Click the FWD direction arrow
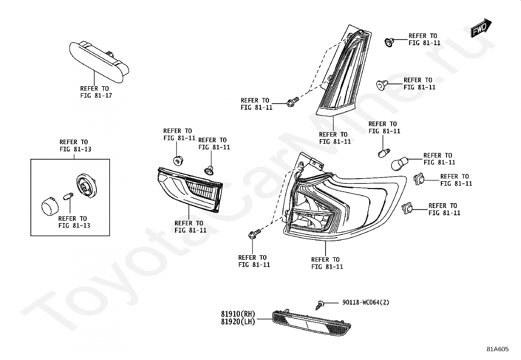tap(481, 28)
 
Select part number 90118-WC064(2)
tap(366, 302)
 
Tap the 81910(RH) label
tap(238, 314)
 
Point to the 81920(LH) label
tap(238, 322)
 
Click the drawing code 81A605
tap(497, 349)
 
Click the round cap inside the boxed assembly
tap(49, 206)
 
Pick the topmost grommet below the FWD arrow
tap(389, 42)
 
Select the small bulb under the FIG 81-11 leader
tap(383, 153)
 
